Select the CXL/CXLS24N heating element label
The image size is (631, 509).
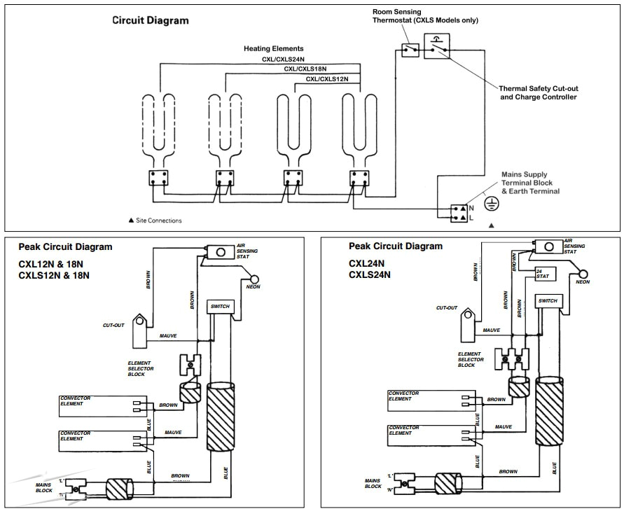(x=283, y=60)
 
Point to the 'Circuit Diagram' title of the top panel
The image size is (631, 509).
(x=151, y=20)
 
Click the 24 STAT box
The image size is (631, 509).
(x=544, y=273)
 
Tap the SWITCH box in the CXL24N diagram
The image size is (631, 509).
(x=548, y=301)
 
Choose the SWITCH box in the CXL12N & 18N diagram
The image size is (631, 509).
(x=219, y=307)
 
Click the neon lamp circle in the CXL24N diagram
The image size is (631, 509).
(x=583, y=274)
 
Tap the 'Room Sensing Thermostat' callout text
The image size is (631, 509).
(x=424, y=16)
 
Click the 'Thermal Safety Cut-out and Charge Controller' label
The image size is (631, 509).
(x=539, y=92)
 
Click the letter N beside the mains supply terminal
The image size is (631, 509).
(x=472, y=208)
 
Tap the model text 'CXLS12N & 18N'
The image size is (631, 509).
(x=54, y=275)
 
